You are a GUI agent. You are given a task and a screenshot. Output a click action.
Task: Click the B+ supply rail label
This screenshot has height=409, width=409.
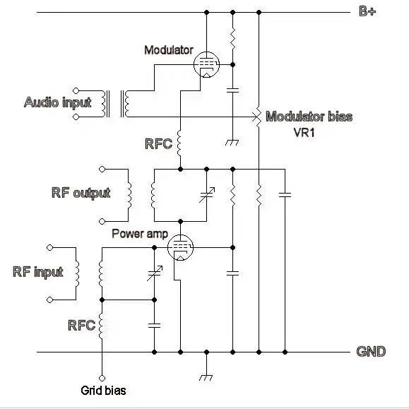click(x=367, y=11)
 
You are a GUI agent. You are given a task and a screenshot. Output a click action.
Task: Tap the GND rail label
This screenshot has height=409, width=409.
click(x=371, y=351)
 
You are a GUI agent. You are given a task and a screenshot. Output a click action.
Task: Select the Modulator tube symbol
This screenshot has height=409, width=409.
click(x=206, y=65)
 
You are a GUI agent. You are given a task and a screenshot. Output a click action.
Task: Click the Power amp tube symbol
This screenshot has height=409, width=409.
click(x=180, y=247)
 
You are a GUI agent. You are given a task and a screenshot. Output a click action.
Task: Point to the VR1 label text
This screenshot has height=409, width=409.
click(x=304, y=133)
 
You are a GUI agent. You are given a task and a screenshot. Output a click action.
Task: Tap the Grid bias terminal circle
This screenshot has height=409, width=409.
click(x=102, y=378)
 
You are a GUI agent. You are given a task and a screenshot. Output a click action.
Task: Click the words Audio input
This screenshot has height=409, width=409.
click(x=58, y=102)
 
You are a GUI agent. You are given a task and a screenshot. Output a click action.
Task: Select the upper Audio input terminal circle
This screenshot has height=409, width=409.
click(x=76, y=90)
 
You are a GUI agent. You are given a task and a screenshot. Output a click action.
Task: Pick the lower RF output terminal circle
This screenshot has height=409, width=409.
click(x=102, y=222)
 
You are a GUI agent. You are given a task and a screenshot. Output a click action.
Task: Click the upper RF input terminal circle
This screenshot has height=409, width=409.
click(x=50, y=247)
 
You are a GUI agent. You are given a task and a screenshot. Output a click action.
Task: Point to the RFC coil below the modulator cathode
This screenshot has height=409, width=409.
click(x=179, y=143)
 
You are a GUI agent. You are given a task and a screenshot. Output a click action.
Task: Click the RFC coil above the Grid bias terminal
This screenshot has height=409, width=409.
click(x=101, y=326)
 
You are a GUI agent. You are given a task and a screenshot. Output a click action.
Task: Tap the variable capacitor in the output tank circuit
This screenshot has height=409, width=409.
click(x=207, y=195)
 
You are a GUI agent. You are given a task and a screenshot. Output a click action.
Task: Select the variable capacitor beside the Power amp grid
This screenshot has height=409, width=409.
click(x=155, y=273)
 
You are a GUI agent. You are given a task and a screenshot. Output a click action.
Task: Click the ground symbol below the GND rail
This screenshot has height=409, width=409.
click(x=206, y=378)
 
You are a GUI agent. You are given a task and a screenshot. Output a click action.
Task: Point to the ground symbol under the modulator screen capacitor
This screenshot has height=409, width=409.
click(x=232, y=143)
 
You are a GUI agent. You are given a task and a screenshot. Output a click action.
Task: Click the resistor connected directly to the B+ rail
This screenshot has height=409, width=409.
click(x=232, y=39)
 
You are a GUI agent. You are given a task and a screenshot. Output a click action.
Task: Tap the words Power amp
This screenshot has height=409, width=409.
click(x=140, y=234)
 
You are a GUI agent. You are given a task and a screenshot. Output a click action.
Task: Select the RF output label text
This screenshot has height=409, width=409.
click(x=81, y=193)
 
